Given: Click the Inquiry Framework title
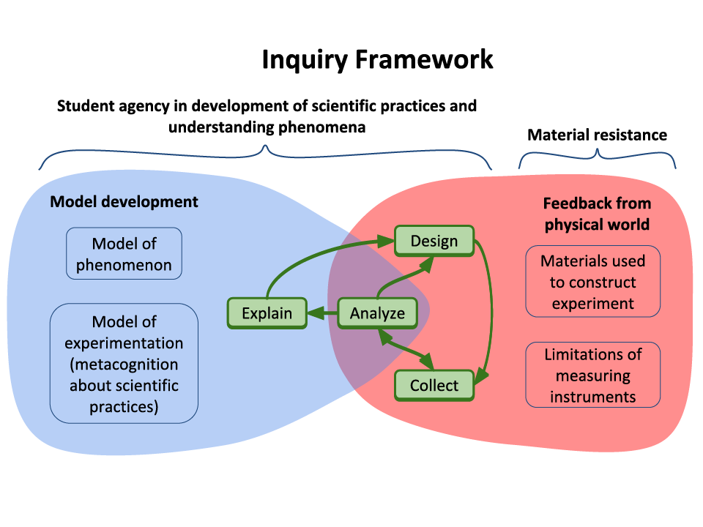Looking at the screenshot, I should (x=377, y=60).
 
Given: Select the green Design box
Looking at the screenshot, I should (x=434, y=241).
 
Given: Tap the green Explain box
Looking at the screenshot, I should (x=267, y=313).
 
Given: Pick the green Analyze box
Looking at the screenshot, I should (x=377, y=313).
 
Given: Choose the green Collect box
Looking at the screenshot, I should (x=434, y=385).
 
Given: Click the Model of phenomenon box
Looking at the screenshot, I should (x=124, y=254).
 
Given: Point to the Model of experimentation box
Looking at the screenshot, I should (x=124, y=364).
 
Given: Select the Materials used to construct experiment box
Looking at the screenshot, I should (x=593, y=282).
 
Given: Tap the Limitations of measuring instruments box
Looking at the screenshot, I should (x=593, y=375).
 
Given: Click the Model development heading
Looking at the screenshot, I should (x=124, y=201).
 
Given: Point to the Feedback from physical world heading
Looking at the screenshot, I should (x=597, y=214).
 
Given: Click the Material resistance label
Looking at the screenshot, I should (x=597, y=135).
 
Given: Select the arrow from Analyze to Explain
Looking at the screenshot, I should (x=322, y=314).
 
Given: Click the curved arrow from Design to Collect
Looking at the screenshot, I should (x=489, y=307).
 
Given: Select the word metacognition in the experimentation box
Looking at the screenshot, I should (x=124, y=364).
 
